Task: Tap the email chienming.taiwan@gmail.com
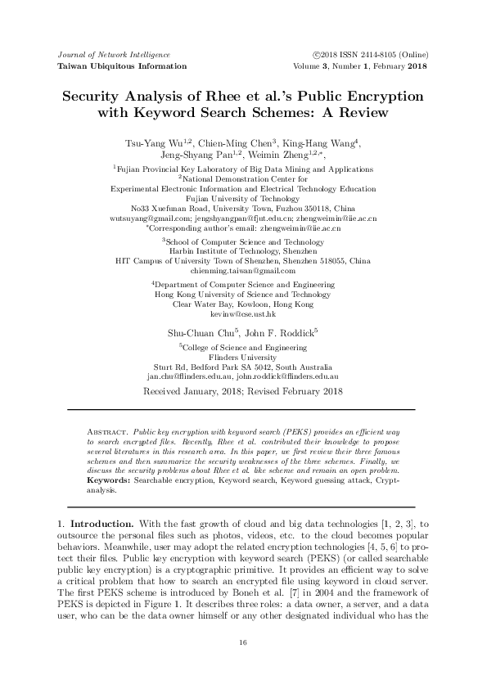pyautogui.click(x=242, y=270)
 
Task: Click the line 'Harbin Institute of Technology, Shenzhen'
pyautogui.click(x=242, y=251)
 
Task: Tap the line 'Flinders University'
pyautogui.click(x=242, y=358)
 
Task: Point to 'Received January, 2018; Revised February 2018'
pyautogui.click(x=242, y=391)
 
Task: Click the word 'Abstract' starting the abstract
pyautogui.click(x=106, y=429)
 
